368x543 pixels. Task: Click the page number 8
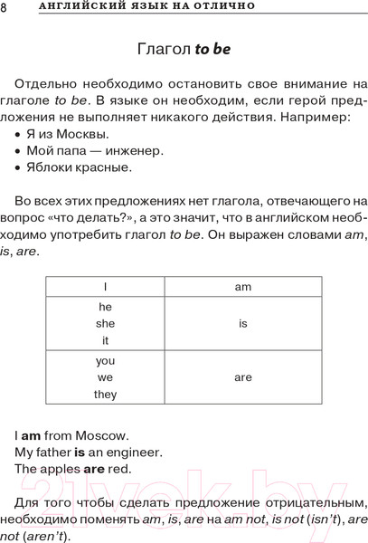[x=5, y=8]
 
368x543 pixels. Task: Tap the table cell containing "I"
[x=105, y=286]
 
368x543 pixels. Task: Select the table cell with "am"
[x=242, y=286]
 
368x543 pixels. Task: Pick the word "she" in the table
[x=105, y=323]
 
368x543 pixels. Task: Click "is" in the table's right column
[x=242, y=323]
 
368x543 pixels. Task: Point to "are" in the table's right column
[x=242, y=377]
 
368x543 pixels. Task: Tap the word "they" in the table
[x=105, y=395]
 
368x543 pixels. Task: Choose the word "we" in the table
[x=105, y=377]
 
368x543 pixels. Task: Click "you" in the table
[x=105, y=360]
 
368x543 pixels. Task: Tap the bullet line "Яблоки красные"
[x=80, y=167]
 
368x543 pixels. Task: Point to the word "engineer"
[x=138, y=452]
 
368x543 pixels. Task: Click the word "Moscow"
[x=105, y=435]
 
